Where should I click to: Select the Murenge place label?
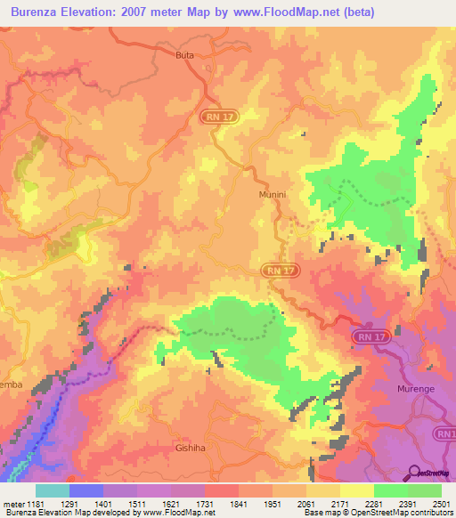pos(417,389)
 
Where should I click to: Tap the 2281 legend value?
pos(374,503)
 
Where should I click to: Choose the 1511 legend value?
pos(137,503)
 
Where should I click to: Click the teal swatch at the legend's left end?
pos(52,490)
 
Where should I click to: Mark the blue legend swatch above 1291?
pos(86,490)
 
